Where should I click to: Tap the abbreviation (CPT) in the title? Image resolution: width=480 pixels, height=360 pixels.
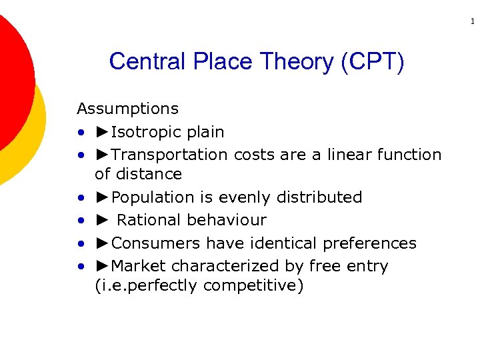(372, 62)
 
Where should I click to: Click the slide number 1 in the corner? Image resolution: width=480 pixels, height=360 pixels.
(473, 22)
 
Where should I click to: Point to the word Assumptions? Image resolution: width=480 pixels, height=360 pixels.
(128, 109)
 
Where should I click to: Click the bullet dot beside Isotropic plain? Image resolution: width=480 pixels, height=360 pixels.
(81, 133)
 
